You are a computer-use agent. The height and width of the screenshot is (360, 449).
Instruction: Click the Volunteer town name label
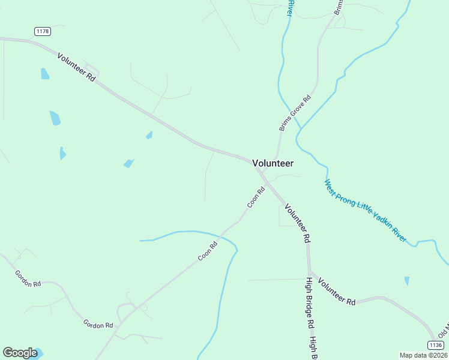point(273,163)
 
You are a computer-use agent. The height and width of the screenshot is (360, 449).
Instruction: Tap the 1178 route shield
point(42,31)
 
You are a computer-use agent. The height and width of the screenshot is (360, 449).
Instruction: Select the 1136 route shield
point(436,344)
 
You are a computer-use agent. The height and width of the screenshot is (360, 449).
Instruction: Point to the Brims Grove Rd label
point(295,113)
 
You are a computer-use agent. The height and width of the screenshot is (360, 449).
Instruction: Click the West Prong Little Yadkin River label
point(365,211)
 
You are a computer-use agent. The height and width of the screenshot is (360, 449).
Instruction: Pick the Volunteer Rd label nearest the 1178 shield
point(77,67)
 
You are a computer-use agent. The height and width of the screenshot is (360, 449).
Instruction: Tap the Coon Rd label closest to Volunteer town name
point(256,198)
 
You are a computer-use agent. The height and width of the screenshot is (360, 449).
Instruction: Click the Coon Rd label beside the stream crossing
point(208,251)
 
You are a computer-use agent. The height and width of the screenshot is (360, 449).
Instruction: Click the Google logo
point(20,352)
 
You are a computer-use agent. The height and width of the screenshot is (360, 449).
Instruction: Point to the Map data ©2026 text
point(423,355)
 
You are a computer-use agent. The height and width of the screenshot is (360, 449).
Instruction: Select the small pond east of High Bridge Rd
point(407,281)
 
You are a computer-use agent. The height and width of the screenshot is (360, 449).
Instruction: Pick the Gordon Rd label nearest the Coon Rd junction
point(98,325)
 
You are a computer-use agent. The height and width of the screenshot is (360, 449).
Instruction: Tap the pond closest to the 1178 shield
point(44,74)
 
